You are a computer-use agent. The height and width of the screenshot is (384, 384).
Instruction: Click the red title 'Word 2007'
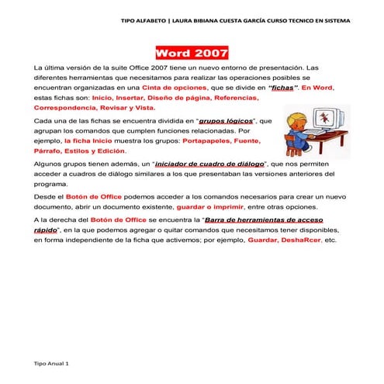[192, 54]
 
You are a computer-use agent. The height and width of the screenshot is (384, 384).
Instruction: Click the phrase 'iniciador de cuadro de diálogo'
[211, 164]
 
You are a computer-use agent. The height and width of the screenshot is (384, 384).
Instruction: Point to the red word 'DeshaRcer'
[302, 240]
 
